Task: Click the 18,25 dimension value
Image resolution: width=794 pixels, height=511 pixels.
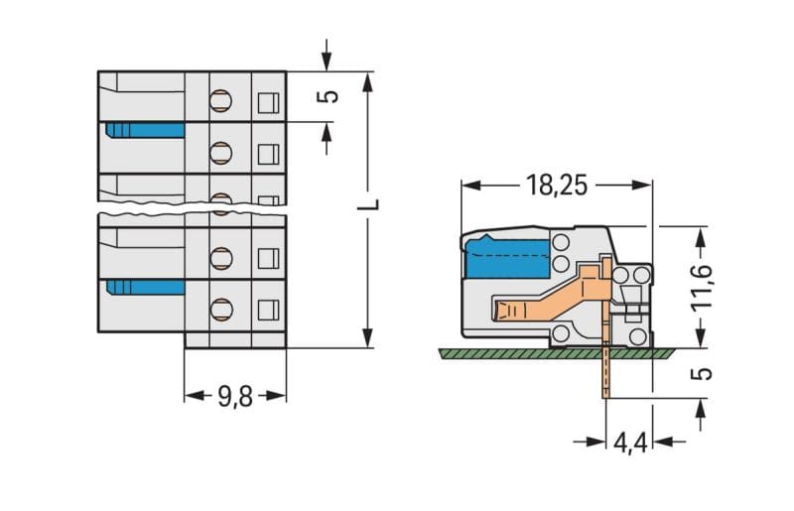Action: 557,185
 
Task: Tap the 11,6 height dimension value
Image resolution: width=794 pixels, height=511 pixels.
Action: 703,286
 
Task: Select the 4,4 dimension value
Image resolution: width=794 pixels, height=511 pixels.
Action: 630,444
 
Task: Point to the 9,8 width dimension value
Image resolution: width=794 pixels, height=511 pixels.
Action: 235,397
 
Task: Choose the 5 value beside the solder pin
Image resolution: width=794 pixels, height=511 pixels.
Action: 702,374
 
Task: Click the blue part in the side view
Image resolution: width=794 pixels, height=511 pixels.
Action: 507,257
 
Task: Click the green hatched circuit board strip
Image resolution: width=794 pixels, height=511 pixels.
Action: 556,353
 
